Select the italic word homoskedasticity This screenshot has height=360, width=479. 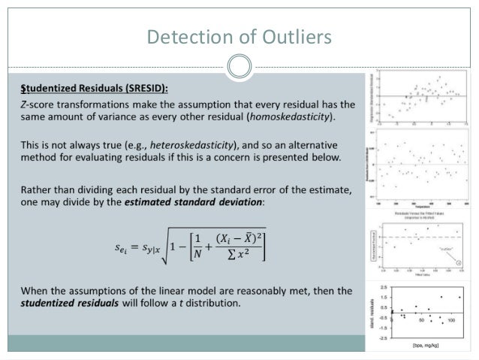(x=288, y=118)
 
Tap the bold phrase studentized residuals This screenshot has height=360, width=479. (x=65, y=304)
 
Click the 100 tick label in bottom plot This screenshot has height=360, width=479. (x=451, y=320)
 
